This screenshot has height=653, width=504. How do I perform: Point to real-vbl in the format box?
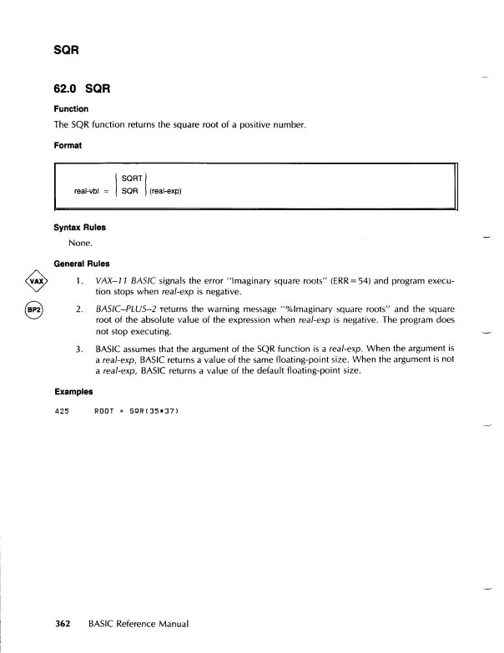click(x=89, y=191)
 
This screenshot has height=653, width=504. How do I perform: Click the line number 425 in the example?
click(x=60, y=410)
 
